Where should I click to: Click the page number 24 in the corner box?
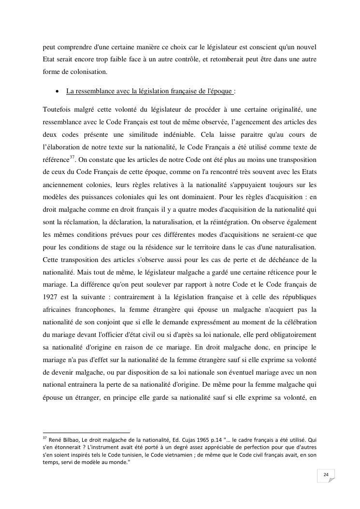click(326, 475)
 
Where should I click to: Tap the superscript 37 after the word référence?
click(72, 157)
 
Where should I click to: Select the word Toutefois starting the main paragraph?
click(56, 108)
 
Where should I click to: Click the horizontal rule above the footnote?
click(86, 433)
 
